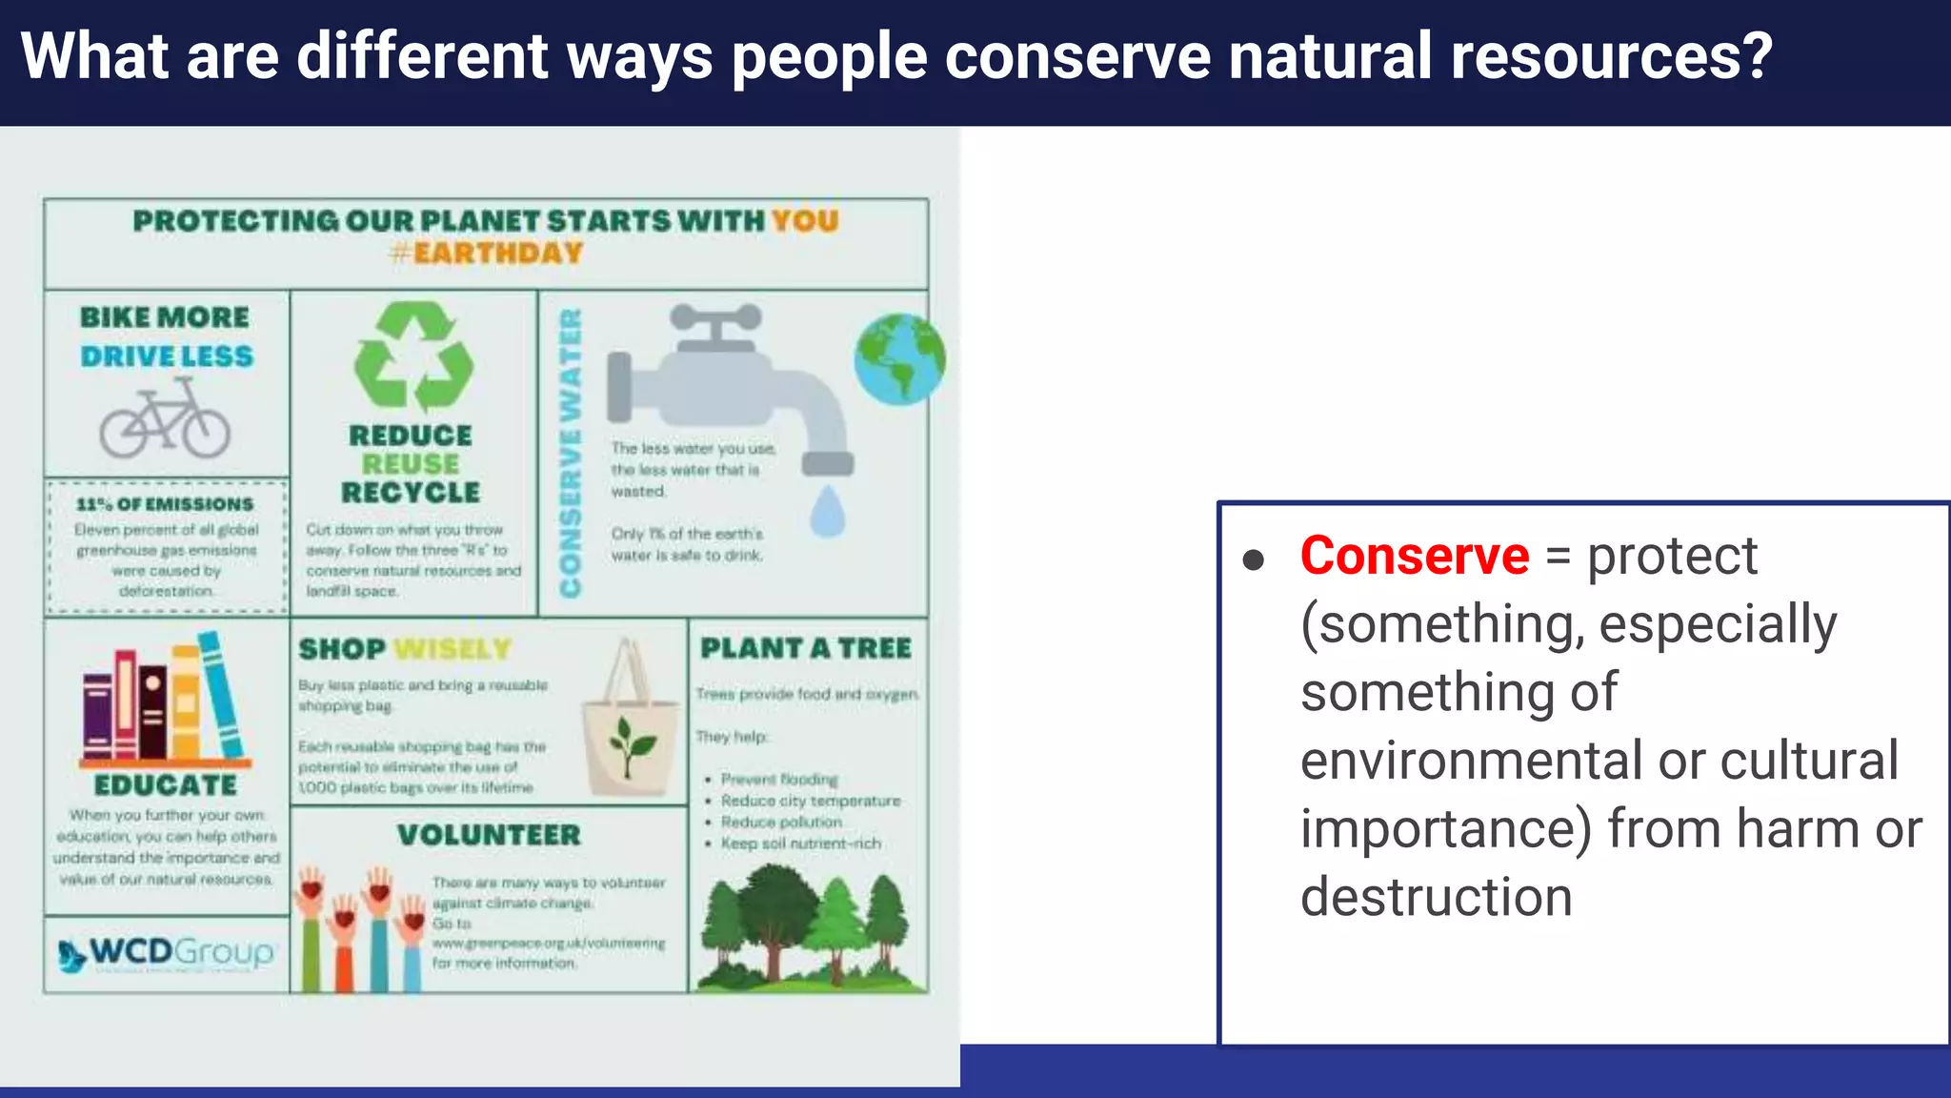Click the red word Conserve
tap(1414, 556)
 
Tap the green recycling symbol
tap(413, 356)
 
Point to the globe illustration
tap(899, 359)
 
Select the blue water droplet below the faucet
tap(827, 512)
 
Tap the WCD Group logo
tap(167, 952)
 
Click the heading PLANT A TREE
tap(806, 648)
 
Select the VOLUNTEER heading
tap(489, 835)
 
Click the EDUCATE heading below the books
tap(166, 785)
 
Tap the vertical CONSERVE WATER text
tap(571, 454)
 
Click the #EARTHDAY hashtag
tap(486, 254)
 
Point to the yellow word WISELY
tap(453, 649)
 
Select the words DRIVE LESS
tap(167, 356)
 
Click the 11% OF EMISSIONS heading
tap(166, 504)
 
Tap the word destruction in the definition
tap(1436, 897)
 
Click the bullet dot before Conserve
tap(1254, 559)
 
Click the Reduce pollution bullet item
tap(781, 822)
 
